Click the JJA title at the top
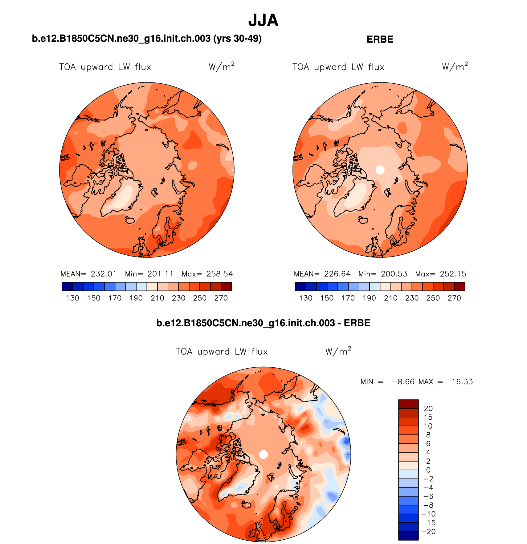point(263,20)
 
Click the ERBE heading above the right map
point(380,40)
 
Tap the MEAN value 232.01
point(104,274)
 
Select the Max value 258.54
point(219,274)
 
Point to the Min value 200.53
point(394,274)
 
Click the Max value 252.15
point(453,274)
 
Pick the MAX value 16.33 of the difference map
point(462,382)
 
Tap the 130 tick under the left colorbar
point(72,298)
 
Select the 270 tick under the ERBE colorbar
point(454,298)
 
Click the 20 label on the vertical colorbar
point(428,408)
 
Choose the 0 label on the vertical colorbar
point(428,470)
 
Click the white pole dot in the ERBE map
point(380,170)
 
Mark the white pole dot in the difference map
point(263,454)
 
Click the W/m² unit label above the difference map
point(338,351)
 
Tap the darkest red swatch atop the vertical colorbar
point(408,404)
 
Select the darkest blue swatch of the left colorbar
point(67,287)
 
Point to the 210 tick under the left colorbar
point(157,298)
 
